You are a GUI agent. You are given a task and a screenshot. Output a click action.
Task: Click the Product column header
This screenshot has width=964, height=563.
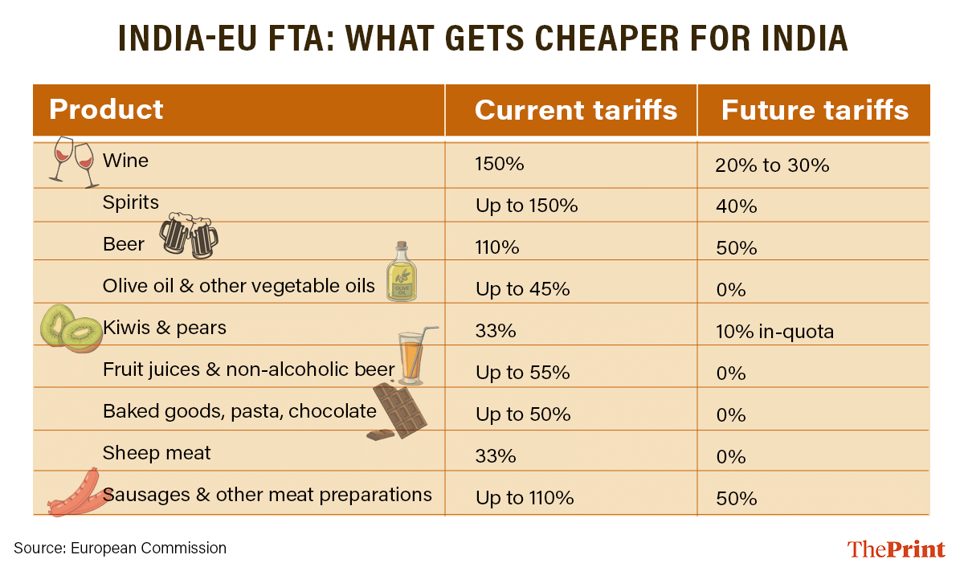106,109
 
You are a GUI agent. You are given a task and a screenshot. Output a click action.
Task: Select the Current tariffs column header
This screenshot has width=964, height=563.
575,110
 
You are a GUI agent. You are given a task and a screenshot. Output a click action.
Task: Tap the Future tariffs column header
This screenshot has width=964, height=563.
815,110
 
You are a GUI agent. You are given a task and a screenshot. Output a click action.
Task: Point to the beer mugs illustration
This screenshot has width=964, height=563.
189,235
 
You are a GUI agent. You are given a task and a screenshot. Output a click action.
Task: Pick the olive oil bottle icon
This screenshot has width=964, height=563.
401,273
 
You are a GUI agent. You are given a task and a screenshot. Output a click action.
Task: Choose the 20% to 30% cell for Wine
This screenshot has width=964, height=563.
771,165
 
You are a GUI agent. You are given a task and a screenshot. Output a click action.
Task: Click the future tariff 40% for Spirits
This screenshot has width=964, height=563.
736,206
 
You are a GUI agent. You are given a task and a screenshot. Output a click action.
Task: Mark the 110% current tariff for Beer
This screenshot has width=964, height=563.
497,248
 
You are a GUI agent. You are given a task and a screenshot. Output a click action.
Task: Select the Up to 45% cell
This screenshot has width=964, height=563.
522,289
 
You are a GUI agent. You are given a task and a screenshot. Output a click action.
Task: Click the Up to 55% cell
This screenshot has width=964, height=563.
522,373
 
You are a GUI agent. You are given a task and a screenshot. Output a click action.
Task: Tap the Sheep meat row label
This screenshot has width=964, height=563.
157,453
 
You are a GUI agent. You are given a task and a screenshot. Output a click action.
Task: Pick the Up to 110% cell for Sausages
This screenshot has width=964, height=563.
525,498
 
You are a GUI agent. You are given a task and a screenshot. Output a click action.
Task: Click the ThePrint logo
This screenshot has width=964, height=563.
896,549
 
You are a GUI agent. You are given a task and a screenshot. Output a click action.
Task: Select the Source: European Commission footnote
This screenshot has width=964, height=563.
120,549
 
